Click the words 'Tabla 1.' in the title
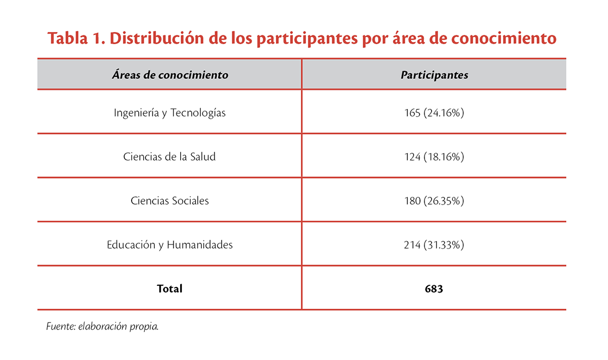[71, 39]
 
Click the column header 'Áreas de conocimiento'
[170, 75]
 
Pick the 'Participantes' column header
[434, 75]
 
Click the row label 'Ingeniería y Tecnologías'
[170, 113]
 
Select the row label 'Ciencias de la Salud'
[170, 156]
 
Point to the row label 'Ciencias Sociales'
[170, 201]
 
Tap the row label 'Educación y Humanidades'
[170, 244]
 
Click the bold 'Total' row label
[170, 289]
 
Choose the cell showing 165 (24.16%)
[434, 113]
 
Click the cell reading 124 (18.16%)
[434, 156]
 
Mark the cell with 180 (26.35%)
[434, 201]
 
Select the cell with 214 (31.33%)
[434, 244]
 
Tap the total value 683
[434, 289]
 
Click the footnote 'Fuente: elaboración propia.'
[103, 326]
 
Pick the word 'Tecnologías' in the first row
[198, 113]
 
